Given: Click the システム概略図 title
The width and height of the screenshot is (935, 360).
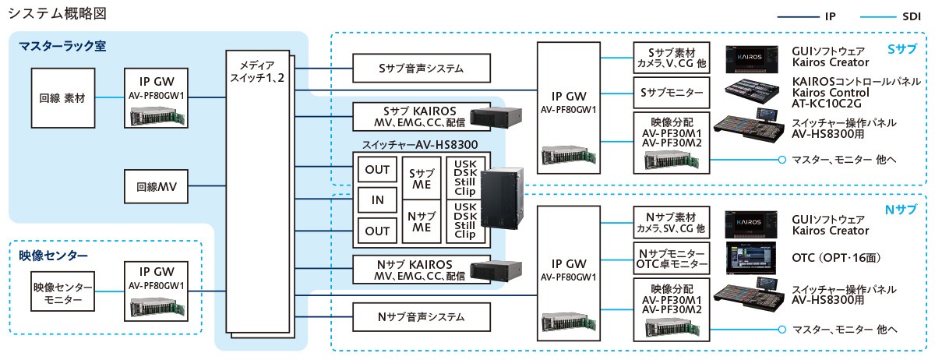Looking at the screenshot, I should (x=62, y=14).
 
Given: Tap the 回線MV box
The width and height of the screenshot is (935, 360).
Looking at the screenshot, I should (x=157, y=186).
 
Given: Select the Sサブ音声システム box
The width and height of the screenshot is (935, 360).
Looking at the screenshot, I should (x=421, y=69).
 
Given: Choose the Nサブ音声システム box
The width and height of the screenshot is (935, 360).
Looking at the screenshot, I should (x=421, y=316).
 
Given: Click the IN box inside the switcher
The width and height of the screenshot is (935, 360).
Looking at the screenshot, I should (x=377, y=199).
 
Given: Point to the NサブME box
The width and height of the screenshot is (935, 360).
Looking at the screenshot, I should (x=422, y=221).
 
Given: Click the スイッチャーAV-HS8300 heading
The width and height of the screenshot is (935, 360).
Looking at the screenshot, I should (x=420, y=144).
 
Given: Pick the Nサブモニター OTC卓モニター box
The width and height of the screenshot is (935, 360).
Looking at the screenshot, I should (x=670, y=259).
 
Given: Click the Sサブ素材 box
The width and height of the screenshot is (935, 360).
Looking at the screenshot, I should (x=670, y=57).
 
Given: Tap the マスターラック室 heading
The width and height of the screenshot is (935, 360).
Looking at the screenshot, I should (x=62, y=46).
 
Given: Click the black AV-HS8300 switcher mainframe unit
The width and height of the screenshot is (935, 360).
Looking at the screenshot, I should (x=503, y=202).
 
